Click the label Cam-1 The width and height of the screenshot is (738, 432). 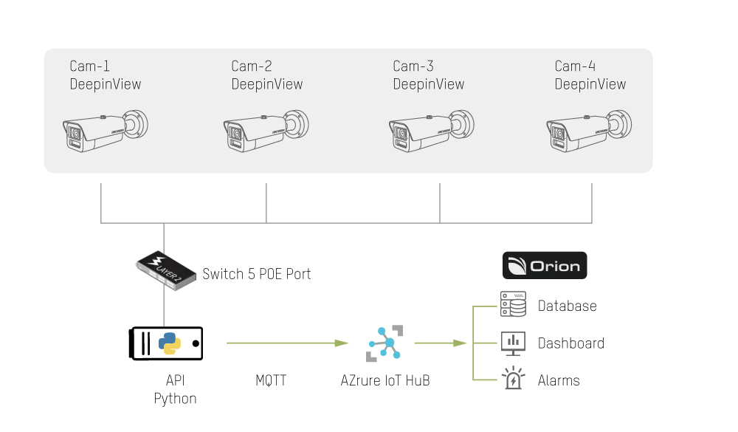89,66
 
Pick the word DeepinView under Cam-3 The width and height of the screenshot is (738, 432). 428,84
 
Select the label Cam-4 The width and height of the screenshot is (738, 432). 574,66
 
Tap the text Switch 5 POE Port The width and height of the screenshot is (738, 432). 256,274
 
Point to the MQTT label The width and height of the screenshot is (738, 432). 271,381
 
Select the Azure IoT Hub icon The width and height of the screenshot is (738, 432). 384,343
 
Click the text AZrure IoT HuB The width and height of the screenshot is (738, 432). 385,381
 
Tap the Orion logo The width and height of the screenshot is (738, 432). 544,266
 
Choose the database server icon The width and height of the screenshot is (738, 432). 512,304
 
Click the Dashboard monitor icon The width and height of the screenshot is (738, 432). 512,343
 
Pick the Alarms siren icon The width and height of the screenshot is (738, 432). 512,379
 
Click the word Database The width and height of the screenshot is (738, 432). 567,306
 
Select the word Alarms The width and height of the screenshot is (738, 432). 559,381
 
